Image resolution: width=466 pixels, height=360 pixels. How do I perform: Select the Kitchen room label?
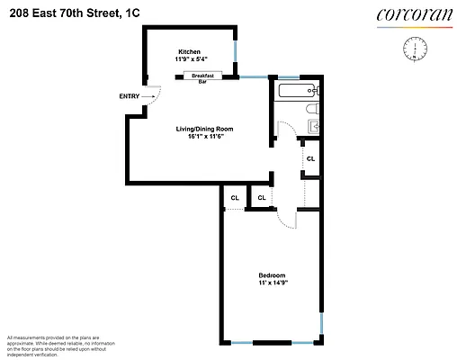(189, 52)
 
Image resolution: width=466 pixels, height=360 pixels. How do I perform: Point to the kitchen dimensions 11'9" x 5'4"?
(189, 59)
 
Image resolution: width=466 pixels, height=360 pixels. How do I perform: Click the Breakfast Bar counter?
(203, 77)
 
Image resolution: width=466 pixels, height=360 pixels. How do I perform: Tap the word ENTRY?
(129, 96)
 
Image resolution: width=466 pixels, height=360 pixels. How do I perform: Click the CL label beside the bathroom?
(310, 158)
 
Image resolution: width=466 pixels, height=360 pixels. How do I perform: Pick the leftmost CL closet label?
(234, 198)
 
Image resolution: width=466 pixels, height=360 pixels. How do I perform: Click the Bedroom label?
(272, 274)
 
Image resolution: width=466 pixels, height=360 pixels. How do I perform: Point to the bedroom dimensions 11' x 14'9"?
(272, 283)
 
